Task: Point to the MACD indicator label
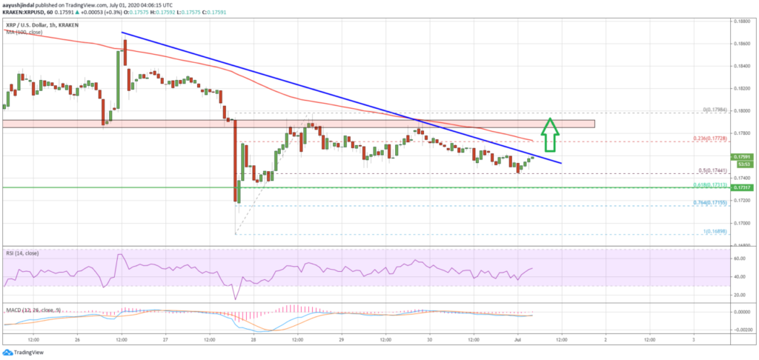pyautogui.click(x=30, y=304)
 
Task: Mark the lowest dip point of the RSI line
pyautogui.click(x=236, y=299)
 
